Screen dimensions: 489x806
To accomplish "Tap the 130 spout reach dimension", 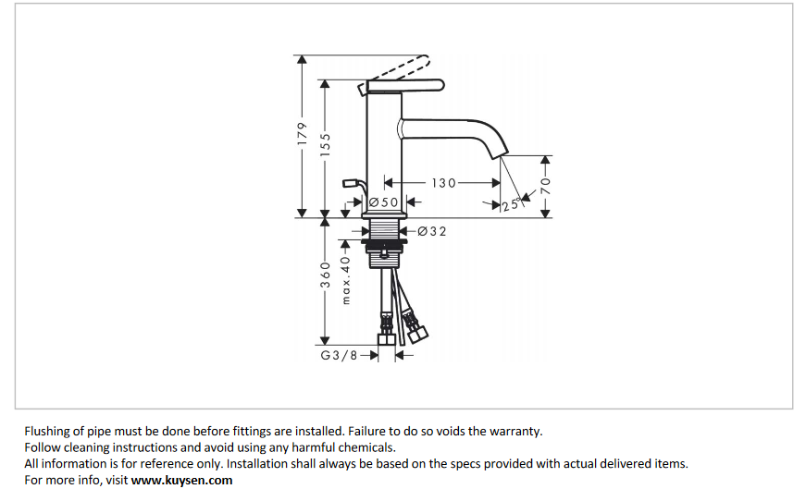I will (444, 182).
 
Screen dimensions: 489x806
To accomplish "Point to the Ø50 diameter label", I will (383, 202).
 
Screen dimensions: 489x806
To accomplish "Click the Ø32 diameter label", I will (432, 231).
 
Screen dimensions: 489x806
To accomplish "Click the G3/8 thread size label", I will (339, 354).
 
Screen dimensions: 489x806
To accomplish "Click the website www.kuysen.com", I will (181, 480).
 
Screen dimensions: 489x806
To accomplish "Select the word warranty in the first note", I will (515, 431).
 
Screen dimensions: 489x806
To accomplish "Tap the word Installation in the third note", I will (262, 463).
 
